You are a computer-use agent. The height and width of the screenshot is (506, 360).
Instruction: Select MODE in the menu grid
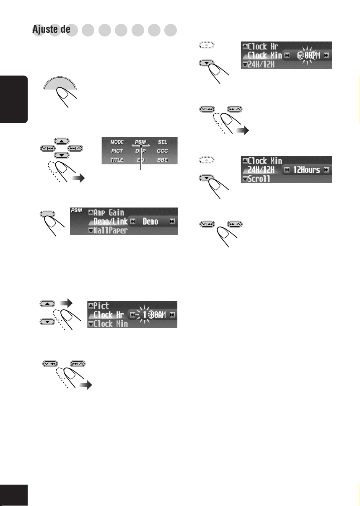[117, 142]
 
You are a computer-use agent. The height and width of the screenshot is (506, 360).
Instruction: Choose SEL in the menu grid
[163, 142]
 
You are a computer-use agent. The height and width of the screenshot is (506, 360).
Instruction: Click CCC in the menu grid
[163, 151]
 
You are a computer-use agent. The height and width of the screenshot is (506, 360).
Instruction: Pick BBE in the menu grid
[163, 160]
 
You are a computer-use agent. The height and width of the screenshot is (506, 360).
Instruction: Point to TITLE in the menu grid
[117, 160]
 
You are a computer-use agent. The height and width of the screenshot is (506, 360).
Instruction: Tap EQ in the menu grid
[140, 160]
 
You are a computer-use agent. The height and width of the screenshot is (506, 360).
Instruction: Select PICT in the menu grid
[117, 151]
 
